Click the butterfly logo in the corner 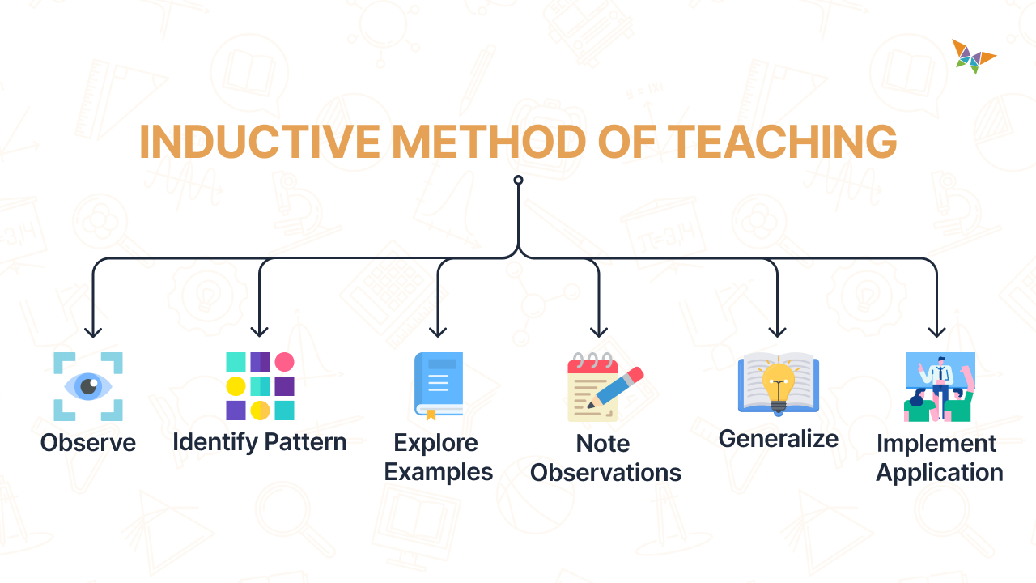pyautogui.click(x=973, y=57)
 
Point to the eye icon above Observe pyautogui.click(x=88, y=386)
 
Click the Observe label pyautogui.click(x=88, y=443)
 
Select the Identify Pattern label pyautogui.click(x=259, y=442)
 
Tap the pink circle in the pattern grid pyautogui.click(x=284, y=362)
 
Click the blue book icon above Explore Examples pyautogui.click(x=439, y=386)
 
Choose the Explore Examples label pyautogui.click(x=439, y=457)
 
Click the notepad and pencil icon pyautogui.click(x=604, y=386)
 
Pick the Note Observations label pyautogui.click(x=605, y=457)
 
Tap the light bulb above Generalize pyautogui.click(x=779, y=382)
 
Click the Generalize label pyautogui.click(x=779, y=439)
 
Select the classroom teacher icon pyautogui.click(x=939, y=386)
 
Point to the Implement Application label pyautogui.click(x=939, y=457)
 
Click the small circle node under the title pyautogui.click(x=518, y=180)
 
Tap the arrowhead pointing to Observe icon pyautogui.click(x=93, y=330)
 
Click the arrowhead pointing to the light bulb pyautogui.click(x=777, y=330)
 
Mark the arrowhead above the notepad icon pyautogui.click(x=599, y=330)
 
